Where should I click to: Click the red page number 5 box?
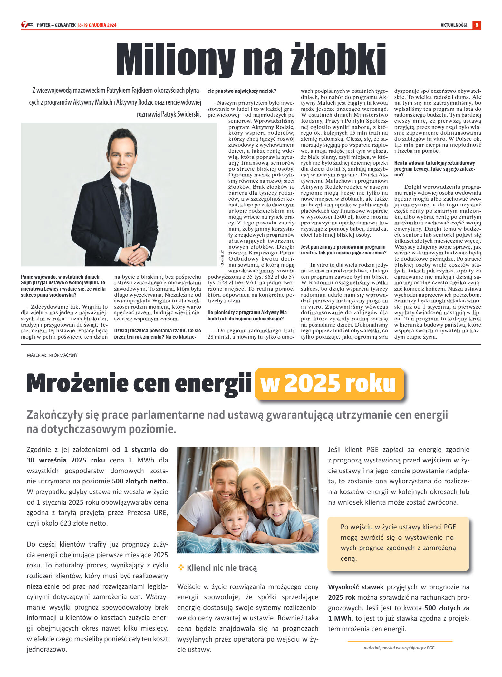477,25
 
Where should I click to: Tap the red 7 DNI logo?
27,25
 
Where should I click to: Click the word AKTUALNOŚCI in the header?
454,25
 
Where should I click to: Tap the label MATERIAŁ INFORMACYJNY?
52,355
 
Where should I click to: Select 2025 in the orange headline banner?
312,383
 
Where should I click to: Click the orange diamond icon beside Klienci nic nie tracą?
181,567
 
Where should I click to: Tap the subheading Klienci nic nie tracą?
222,568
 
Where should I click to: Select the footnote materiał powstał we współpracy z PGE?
399,648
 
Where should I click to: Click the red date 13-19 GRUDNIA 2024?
97,25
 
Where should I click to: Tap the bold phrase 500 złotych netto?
139,481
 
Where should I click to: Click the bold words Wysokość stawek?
356,587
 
